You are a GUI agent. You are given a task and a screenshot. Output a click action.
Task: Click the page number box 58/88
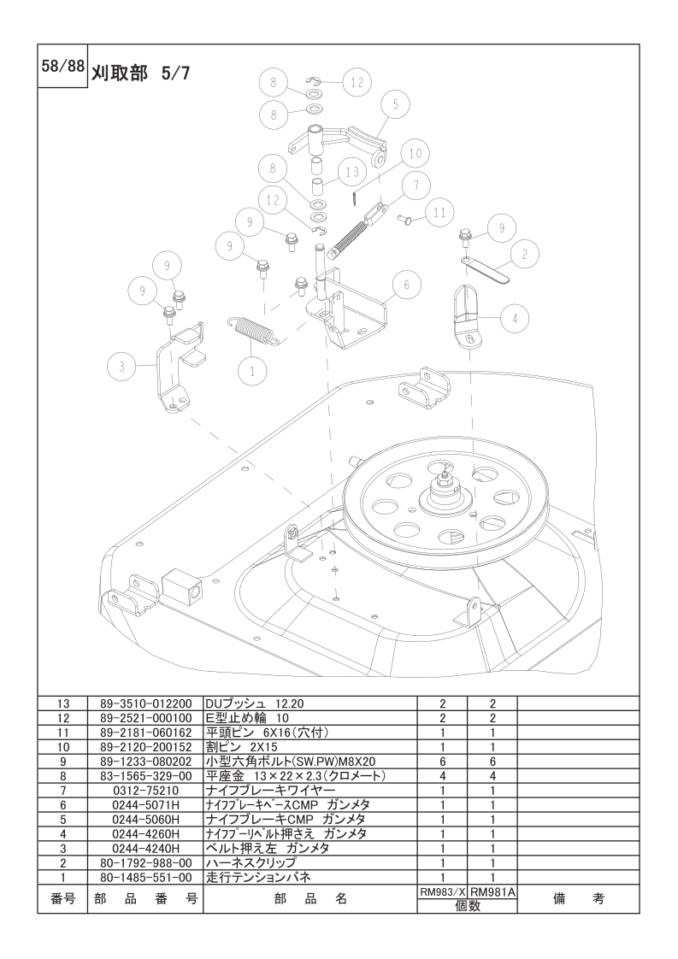(62, 66)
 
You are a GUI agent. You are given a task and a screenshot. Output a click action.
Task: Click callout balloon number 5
(396, 104)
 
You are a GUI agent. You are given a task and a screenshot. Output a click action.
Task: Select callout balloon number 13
(352, 172)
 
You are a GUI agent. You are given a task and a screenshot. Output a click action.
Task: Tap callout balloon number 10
(416, 154)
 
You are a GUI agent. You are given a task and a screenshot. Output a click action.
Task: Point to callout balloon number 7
(416, 185)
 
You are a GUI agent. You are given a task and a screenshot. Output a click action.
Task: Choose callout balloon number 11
(439, 214)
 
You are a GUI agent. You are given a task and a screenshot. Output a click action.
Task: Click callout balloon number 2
(524, 253)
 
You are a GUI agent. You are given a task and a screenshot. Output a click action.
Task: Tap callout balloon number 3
(121, 367)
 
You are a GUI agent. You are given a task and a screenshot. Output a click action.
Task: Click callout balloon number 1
(252, 370)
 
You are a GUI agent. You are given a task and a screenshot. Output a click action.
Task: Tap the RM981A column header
(492, 893)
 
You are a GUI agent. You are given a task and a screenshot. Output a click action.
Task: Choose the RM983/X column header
(442, 893)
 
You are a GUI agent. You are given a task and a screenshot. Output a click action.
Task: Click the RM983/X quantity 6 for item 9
(442, 762)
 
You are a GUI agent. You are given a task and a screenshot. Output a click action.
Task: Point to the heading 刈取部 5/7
(141, 74)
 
